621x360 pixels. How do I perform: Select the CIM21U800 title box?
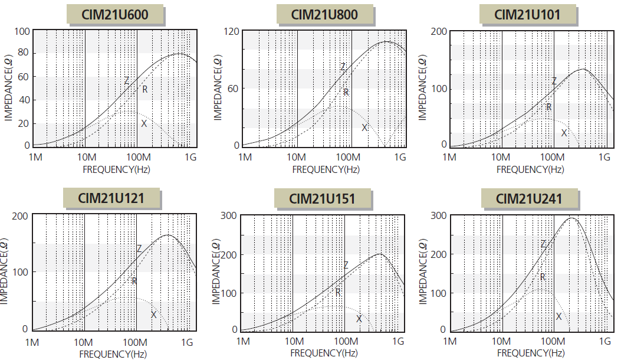pyautogui.click(x=324, y=14)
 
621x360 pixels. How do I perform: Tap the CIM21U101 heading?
pyautogui.click(x=527, y=14)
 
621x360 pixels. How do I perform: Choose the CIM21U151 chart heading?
pyautogui.click(x=323, y=198)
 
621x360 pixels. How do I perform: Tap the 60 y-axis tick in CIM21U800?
pyautogui.click(x=234, y=89)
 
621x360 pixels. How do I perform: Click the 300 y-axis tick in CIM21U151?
pyautogui.click(x=230, y=216)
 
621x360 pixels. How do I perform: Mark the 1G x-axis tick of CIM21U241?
pyautogui.click(x=604, y=341)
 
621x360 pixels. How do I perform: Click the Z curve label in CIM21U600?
pyautogui.click(x=126, y=81)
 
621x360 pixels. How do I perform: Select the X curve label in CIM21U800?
pyautogui.click(x=364, y=127)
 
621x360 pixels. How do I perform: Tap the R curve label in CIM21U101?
pyautogui.click(x=548, y=107)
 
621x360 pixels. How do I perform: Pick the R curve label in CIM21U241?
pyautogui.click(x=543, y=276)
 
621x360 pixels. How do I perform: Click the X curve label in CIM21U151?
pyautogui.click(x=359, y=319)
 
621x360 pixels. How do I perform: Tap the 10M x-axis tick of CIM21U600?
pyautogui.click(x=87, y=158)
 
